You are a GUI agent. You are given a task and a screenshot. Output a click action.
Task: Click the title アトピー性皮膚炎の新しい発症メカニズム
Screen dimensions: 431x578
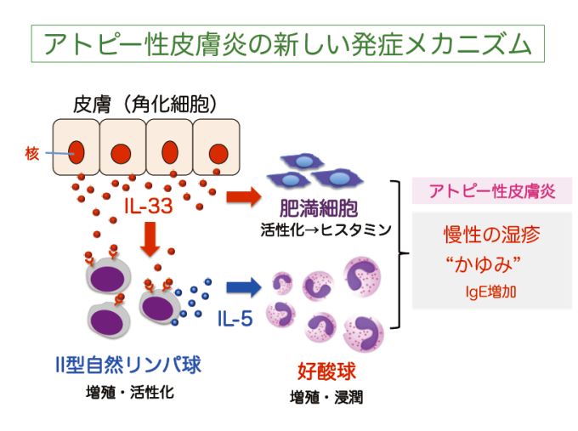(x=288, y=42)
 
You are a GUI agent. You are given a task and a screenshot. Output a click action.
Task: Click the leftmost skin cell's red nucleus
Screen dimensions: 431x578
(x=77, y=154)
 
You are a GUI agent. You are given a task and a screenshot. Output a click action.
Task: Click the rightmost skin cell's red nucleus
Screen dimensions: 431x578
(x=218, y=154)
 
